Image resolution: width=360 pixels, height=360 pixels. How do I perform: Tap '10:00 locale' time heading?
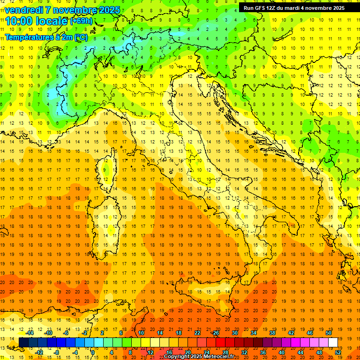click(37, 21)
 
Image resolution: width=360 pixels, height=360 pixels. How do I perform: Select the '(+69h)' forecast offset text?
click(82, 21)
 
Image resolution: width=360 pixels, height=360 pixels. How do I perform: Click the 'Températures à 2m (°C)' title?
click(46, 37)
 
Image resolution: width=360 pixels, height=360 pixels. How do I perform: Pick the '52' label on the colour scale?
click(338, 352)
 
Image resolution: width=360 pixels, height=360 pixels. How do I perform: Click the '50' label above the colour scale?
click(328, 333)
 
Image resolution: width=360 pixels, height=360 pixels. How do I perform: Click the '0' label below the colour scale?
click(93, 352)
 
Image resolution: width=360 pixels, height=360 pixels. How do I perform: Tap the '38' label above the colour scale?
click(272, 333)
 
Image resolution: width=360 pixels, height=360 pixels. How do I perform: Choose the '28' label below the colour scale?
click(225, 352)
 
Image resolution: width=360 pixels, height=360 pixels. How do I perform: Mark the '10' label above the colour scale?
click(141, 333)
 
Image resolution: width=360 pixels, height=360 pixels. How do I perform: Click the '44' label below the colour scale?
click(300, 352)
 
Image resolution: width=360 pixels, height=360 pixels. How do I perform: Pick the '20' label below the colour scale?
click(187, 352)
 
